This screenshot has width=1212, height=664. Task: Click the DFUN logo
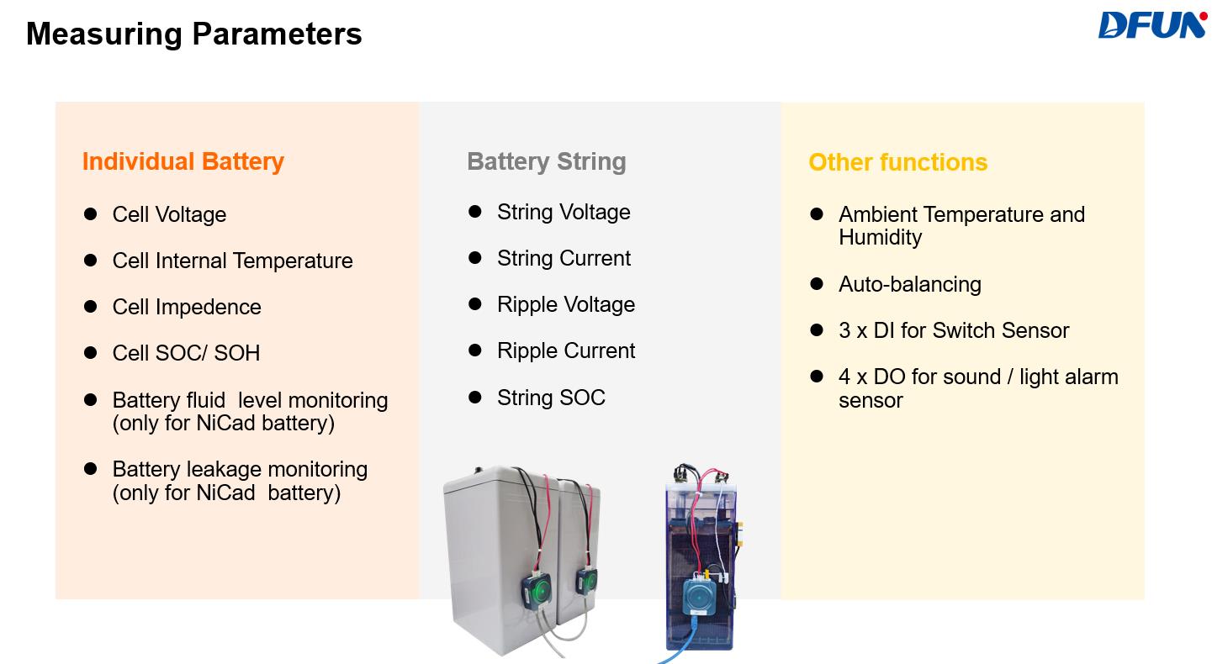tap(1151, 25)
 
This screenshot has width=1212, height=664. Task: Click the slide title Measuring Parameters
tap(194, 34)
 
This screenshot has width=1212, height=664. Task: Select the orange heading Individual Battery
tap(183, 161)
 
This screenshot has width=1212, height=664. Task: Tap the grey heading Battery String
tap(547, 161)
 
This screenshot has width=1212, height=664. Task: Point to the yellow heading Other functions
tap(897, 162)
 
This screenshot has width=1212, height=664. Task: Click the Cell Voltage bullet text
tap(169, 214)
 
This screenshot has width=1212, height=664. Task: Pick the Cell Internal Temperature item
tap(232, 261)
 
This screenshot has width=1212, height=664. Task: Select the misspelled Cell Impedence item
tap(187, 307)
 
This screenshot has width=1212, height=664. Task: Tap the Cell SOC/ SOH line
tap(186, 353)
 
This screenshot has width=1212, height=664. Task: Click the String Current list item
tap(564, 258)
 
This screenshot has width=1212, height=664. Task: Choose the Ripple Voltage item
tap(566, 304)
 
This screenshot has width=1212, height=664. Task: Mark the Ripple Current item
tap(566, 350)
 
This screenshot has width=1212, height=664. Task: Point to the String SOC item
tap(551, 398)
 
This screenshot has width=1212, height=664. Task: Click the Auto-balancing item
tap(909, 284)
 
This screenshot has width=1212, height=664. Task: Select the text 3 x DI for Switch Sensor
tap(953, 330)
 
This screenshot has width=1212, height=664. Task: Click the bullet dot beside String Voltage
tap(475, 212)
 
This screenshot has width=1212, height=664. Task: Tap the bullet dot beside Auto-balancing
tap(817, 284)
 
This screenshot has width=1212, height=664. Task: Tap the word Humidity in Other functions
tap(880, 237)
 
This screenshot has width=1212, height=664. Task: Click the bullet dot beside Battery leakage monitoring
tap(91, 469)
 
